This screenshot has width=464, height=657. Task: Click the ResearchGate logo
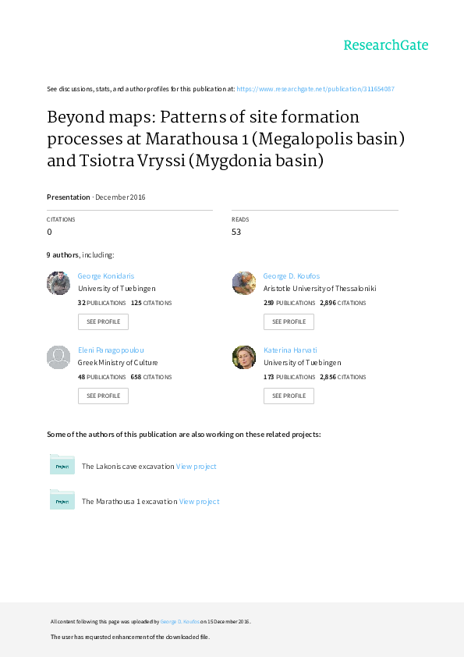pyautogui.click(x=386, y=44)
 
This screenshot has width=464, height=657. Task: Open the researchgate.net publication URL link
pyautogui.click(x=315, y=89)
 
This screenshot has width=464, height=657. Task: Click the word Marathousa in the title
pyautogui.click(x=192, y=139)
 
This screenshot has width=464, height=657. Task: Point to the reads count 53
pyautogui.click(x=236, y=232)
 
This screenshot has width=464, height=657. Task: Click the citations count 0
pyautogui.click(x=49, y=232)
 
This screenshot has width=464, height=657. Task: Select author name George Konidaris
pyautogui.click(x=106, y=275)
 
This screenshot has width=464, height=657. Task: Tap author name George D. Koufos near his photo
pyautogui.click(x=292, y=275)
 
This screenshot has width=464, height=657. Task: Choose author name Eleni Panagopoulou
pyautogui.click(x=111, y=350)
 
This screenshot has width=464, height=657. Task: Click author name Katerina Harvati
pyautogui.click(x=290, y=350)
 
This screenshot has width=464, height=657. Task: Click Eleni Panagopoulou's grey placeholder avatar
pyautogui.click(x=58, y=357)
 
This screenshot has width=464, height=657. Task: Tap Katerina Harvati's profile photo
pyautogui.click(x=244, y=357)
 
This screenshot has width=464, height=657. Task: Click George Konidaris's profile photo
pyautogui.click(x=58, y=283)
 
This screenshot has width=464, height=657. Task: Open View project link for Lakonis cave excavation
pyautogui.click(x=196, y=467)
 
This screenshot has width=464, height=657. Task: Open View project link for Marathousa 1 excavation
pyautogui.click(x=200, y=502)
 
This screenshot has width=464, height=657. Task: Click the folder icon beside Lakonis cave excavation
pyautogui.click(x=62, y=464)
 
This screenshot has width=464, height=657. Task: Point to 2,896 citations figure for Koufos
pyautogui.click(x=328, y=303)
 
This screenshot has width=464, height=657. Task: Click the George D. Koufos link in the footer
pyautogui.click(x=179, y=621)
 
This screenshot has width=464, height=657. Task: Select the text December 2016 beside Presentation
pyautogui.click(x=120, y=197)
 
